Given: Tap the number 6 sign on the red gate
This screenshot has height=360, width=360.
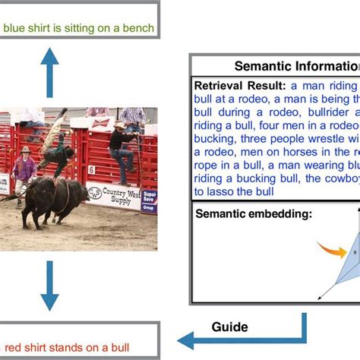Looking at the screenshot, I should [x=92, y=169].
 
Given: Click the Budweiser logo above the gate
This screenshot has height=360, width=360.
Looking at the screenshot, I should [x=97, y=112].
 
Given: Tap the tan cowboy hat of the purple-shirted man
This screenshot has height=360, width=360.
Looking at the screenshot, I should [x=26, y=150].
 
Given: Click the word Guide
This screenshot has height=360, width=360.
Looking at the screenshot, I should [x=229, y=327].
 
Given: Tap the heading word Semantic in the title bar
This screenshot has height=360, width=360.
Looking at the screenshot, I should [x=262, y=65].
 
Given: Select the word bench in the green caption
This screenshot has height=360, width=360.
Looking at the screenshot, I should [x=139, y=29].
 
